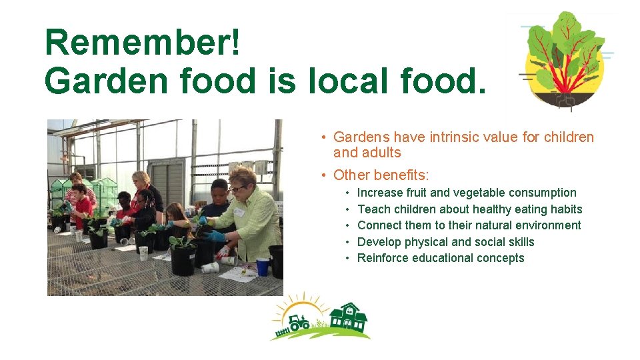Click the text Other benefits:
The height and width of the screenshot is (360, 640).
381,175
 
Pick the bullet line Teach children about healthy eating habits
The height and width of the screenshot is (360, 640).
469,209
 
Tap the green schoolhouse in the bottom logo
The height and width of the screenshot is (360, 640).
348,318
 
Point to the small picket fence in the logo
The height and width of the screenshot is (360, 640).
281,330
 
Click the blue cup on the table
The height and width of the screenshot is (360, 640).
263,266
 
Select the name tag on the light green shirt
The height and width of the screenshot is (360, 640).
239,211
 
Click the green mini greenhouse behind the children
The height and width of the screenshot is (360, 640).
105,190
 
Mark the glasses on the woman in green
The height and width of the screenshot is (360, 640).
236,188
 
